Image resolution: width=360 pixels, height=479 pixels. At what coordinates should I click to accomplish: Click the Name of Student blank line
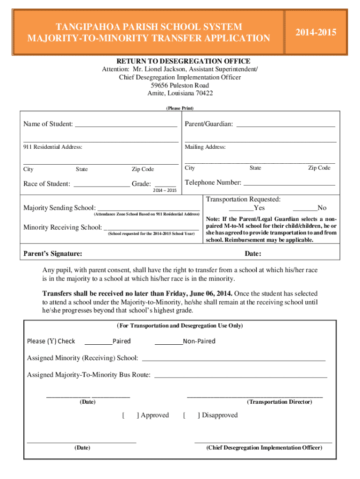click(x=126, y=125)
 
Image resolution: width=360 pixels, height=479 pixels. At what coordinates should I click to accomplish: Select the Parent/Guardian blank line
click(x=286, y=125)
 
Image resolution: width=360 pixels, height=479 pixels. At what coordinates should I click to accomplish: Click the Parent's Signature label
click(x=53, y=254)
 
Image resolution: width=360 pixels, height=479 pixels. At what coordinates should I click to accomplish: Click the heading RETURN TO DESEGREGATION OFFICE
click(x=183, y=61)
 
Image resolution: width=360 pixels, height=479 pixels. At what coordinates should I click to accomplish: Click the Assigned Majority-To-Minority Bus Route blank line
click(x=240, y=376)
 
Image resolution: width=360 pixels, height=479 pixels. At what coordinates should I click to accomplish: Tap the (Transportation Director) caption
click(x=279, y=402)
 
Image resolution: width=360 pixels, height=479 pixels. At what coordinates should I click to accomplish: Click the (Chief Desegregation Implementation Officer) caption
click(x=264, y=448)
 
